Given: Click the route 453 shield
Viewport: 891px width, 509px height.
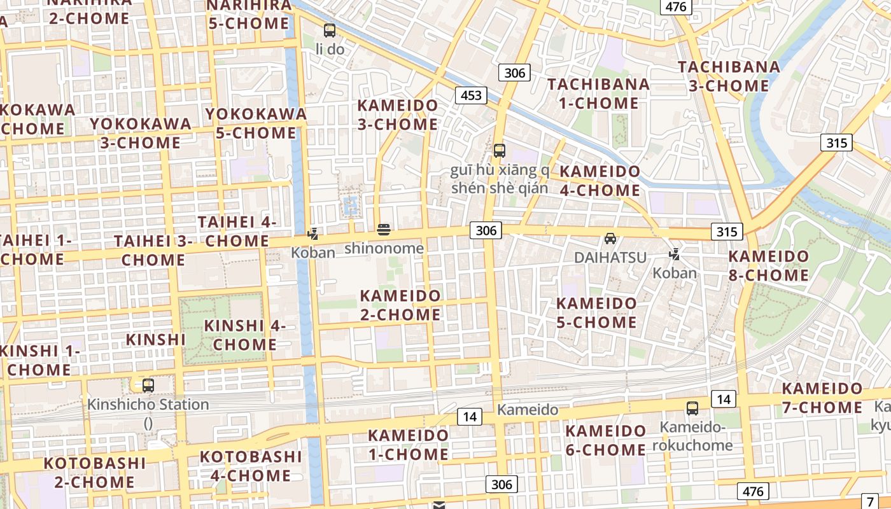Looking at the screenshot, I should pyautogui.click(x=471, y=95).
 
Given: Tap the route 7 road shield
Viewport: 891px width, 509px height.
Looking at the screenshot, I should pyautogui.click(x=870, y=501).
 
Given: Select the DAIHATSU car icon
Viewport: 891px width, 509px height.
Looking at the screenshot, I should pyautogui.click(x=610, y=239).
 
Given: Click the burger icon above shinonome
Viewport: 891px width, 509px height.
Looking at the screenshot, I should pyautogui.click(x=384, y=229).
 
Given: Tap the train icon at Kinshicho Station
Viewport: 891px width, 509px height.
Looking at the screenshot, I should pyautogui.click(x=148, y=385).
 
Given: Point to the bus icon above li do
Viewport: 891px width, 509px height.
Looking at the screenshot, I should pyautogui.click(x=330, y=30).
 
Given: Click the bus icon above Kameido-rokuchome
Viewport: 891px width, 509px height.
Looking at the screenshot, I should pyautogui.click(x=692, y=408).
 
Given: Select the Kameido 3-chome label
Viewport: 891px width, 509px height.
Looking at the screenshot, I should pyautogui.click(x=398, y=115).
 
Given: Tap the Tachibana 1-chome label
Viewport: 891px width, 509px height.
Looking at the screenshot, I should pyautogui.click(x=598, y=94).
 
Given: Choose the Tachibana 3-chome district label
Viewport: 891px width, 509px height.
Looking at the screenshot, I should pyautogui.click(x=729, y=76).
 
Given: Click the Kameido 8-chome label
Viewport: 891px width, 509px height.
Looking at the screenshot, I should pyautogui.click(x=769, y=266).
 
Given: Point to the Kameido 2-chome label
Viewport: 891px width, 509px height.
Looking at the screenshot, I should pyautogui.click(x=400, y=305).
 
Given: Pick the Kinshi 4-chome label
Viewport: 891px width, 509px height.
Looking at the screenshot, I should pyautogui.click(x=244, y=335).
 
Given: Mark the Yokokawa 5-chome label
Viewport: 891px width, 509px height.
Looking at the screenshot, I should pyautogui.click(x=256, y=123).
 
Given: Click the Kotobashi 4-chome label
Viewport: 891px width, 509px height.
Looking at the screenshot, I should pyautogui.click(x=251, y=466).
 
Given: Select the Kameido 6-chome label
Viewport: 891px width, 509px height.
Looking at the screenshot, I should pyautogui.click(x=606, y=440).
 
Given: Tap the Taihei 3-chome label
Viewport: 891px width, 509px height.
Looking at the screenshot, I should pyautogui.click(x=153, y=250).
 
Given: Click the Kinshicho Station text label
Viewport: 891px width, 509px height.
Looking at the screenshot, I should pyautogui.click(x=148, y=405).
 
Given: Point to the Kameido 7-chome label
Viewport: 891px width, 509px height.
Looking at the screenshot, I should pyautogui.click(x=822, y=398).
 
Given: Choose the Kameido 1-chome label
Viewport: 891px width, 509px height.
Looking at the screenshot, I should pyautogui.click(x=408, y=445).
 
